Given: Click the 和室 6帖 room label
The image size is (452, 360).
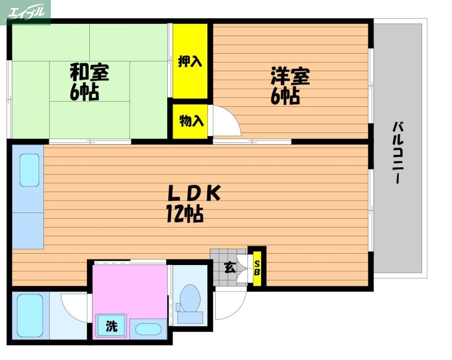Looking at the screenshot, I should coord(89,82).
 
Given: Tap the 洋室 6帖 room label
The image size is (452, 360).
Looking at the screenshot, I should coord(290,86).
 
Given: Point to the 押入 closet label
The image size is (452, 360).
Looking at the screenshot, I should coord(190,61).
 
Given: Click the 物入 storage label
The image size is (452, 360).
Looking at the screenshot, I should coord(190,120).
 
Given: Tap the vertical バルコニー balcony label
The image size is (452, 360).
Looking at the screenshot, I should coord(399,153).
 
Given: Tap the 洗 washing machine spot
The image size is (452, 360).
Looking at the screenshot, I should coord(112,326).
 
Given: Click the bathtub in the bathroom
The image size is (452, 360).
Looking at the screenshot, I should coord(29,316).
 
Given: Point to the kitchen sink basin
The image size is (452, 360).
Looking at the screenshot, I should coord(29,170).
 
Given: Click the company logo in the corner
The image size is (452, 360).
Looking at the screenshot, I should coord(26,12).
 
